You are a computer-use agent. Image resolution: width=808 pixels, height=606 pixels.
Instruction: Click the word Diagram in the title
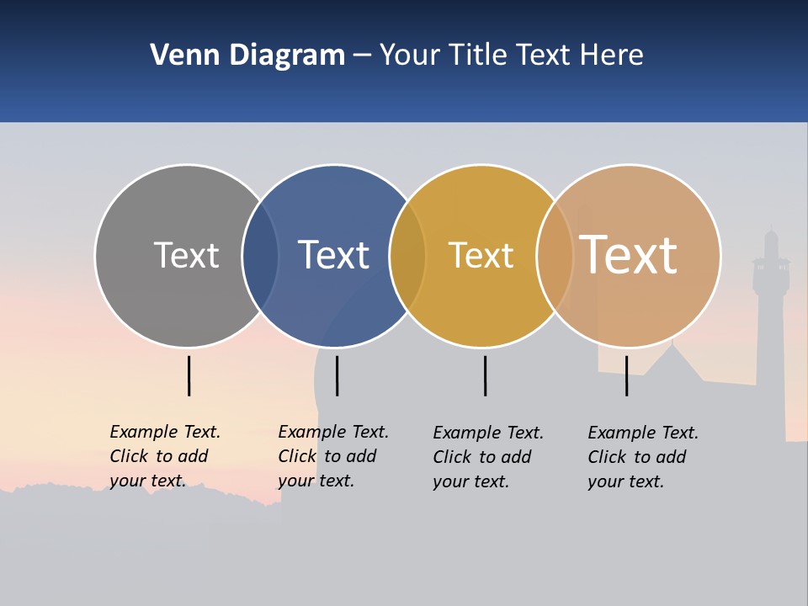click(x=287, y=56)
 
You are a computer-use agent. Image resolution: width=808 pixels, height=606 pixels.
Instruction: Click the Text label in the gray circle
click(x=186, y=255)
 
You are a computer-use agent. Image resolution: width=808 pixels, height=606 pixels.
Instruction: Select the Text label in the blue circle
click(x=333, y=255)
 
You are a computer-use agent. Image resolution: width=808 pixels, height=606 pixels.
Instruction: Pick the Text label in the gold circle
click(x=481, y=255)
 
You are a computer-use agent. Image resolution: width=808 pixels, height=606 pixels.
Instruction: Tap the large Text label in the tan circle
click(x=628, y=255)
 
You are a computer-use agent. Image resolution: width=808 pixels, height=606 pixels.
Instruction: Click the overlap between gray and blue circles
click(x=260, y=255)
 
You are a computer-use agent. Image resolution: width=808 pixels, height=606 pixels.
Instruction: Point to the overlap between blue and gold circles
click(x=407, y=255)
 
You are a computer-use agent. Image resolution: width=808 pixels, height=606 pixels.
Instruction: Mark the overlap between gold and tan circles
click(x=555, y=255)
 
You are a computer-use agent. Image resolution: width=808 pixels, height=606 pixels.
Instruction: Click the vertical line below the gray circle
click(x=189, y=375)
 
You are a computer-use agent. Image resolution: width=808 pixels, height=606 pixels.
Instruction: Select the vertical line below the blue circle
click(x=337, y=375)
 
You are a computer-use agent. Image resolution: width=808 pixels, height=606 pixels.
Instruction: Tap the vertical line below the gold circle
click(x=485, y=375)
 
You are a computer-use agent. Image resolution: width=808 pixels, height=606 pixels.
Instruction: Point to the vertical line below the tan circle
click(x=626, y=375)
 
